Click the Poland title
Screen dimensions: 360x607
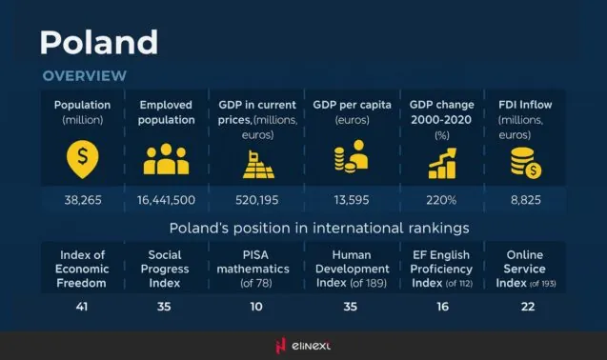click(98, 42)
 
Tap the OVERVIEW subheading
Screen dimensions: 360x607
click(84, 75)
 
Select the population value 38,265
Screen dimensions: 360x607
click(82, 200)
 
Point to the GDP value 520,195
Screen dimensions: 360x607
click(255, 200)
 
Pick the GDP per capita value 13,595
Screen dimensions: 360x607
click(351, 200)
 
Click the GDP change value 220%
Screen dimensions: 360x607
click(440, 200)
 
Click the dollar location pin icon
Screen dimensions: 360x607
click(81, 160)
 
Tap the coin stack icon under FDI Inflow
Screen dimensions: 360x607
click(525, 162)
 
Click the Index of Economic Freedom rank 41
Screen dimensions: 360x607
click(82, 307)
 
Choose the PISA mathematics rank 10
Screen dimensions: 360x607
click(255, 307)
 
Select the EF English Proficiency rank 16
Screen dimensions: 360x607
click(439, 307)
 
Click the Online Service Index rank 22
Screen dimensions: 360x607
click(527, 307)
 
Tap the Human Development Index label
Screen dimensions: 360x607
click(351, 269)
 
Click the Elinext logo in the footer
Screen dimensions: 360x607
click(303, 345)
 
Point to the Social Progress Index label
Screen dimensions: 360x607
click(166, 269)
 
